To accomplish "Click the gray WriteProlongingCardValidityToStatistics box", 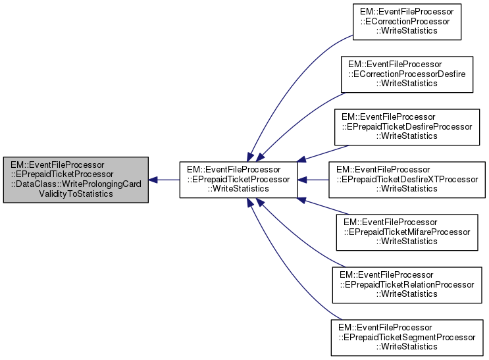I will pos(75,180).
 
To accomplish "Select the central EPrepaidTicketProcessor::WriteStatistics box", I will pos(238,180).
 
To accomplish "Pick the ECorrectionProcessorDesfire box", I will pos(406,74).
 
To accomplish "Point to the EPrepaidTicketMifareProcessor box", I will pos(406,232).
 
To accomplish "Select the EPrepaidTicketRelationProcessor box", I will pos(406,284).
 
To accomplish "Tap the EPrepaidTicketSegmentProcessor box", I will pos(406,336).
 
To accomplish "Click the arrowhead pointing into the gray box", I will pos(153,180).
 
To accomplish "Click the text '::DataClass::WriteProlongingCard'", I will pos(76,184).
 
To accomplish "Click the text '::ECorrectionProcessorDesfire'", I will pos(406,74).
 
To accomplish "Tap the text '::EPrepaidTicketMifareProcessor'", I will pos(406,232).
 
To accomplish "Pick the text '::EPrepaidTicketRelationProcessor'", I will pos(406,284).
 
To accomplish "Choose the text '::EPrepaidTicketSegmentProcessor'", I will pos(406,337).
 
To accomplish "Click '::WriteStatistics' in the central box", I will pos(238,190).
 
